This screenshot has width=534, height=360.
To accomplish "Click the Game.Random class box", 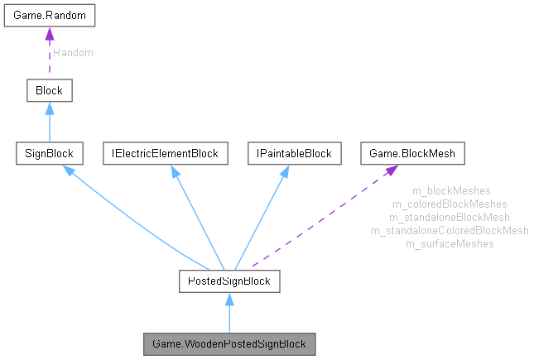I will [49, 16].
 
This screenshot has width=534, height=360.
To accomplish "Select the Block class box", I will [49, 90].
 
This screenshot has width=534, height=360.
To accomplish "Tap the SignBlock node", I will [49, 153].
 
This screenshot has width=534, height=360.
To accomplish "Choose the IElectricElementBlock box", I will [166, 153].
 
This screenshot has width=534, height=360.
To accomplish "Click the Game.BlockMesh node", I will [413, 153].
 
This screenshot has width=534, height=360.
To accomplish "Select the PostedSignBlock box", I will [229, 281].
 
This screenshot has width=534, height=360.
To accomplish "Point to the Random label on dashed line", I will [74, 53].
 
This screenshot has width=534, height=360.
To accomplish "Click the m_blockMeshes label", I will [450, 191].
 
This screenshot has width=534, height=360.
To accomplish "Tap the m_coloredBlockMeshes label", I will [450, 204].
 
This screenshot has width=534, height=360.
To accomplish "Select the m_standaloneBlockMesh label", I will [450, 217].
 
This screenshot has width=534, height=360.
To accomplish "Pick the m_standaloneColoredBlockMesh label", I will [450, 230].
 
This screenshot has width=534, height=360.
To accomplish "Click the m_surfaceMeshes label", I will [450, 243].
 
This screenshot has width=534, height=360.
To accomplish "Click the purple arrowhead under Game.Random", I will [49, 34].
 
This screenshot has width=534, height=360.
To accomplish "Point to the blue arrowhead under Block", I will [49, 108].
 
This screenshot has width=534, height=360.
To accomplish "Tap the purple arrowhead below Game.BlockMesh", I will [389, 171].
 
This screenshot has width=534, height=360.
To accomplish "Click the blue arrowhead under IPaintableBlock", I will [284, 171].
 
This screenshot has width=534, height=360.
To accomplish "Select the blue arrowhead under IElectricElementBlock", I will [175, 171].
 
